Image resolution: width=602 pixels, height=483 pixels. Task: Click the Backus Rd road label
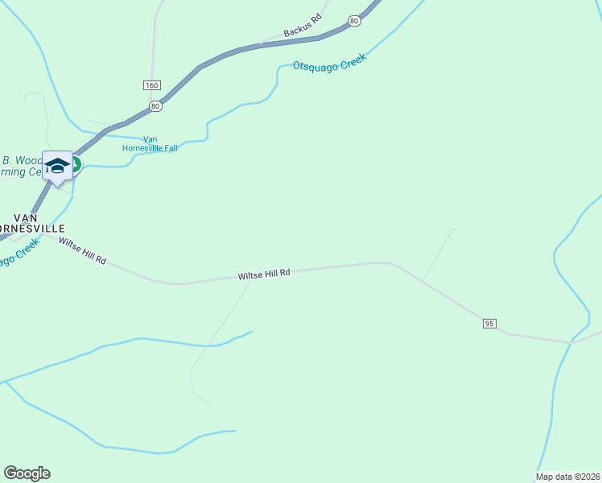point(303,27)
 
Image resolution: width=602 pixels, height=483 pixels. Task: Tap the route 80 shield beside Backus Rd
point(354,20)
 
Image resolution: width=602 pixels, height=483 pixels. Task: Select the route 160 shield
point(153,85)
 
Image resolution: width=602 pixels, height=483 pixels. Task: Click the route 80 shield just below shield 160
point(156,105)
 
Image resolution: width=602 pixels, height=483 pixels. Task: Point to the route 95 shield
point(489,323)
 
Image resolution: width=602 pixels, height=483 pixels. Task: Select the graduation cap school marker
point(57,166)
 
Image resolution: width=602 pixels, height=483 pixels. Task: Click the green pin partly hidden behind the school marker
point(76,163)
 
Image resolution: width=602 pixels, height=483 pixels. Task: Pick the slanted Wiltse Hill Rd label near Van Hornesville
point(82,250)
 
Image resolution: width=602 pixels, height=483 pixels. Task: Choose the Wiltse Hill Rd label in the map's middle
point(263,275)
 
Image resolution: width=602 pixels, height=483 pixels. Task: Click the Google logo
point(27,473)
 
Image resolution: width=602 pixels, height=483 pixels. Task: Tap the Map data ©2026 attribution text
point(567,477)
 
